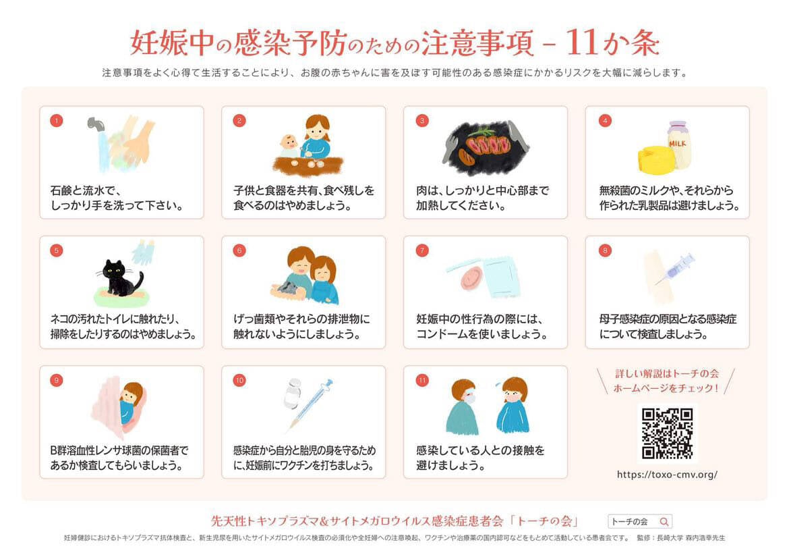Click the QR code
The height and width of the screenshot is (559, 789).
[x=667, y=433]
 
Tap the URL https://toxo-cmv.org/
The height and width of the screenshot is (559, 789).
[x=667, y=475]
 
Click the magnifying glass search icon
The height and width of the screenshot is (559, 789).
[x=664, y=521]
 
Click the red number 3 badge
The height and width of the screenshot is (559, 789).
[x=422, y=121]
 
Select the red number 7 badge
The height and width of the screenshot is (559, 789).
[x=422, y=250]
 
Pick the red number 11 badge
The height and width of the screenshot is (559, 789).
[x=422, y=380]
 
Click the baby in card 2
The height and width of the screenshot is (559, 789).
[x=289, y=145]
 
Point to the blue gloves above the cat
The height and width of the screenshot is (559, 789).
[x=143, y=252]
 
